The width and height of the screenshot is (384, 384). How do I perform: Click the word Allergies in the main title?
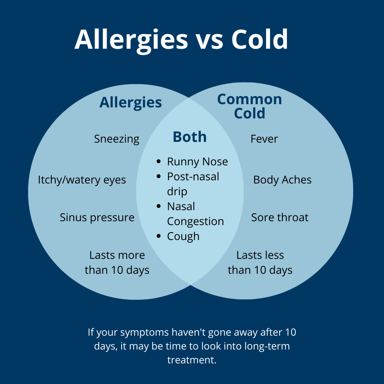coord(131,40)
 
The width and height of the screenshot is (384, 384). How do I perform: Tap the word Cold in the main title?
coord(260,39)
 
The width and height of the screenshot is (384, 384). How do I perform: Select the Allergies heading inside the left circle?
coord(130,102)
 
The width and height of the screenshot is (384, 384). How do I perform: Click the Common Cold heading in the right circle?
coord(250,106)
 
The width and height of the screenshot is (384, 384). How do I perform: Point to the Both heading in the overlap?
coord(190,137)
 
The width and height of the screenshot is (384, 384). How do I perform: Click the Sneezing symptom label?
coord(117,139)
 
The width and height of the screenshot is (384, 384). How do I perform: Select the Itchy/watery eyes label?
coord(82,180)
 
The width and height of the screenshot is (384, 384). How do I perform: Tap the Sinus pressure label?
coord(97,217)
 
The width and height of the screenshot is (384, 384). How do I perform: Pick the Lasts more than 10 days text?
coord(117,263)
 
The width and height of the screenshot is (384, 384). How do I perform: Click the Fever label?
coord(264,139)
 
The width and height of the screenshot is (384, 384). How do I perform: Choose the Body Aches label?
coord(282,180)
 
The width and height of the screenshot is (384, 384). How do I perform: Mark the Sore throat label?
coord(280,217)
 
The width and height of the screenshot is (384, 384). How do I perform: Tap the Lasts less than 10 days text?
coord(260,263)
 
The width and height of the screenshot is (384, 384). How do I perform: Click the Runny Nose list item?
coord(197,162)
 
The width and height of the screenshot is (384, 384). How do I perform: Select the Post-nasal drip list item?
coord(193,184)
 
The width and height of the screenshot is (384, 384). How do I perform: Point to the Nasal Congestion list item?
coord(195,214)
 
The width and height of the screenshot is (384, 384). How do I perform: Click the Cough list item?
coord(183,236)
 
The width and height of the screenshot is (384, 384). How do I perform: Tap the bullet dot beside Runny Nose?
coord(159,162)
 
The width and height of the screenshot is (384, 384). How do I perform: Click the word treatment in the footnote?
coord(192,359)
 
